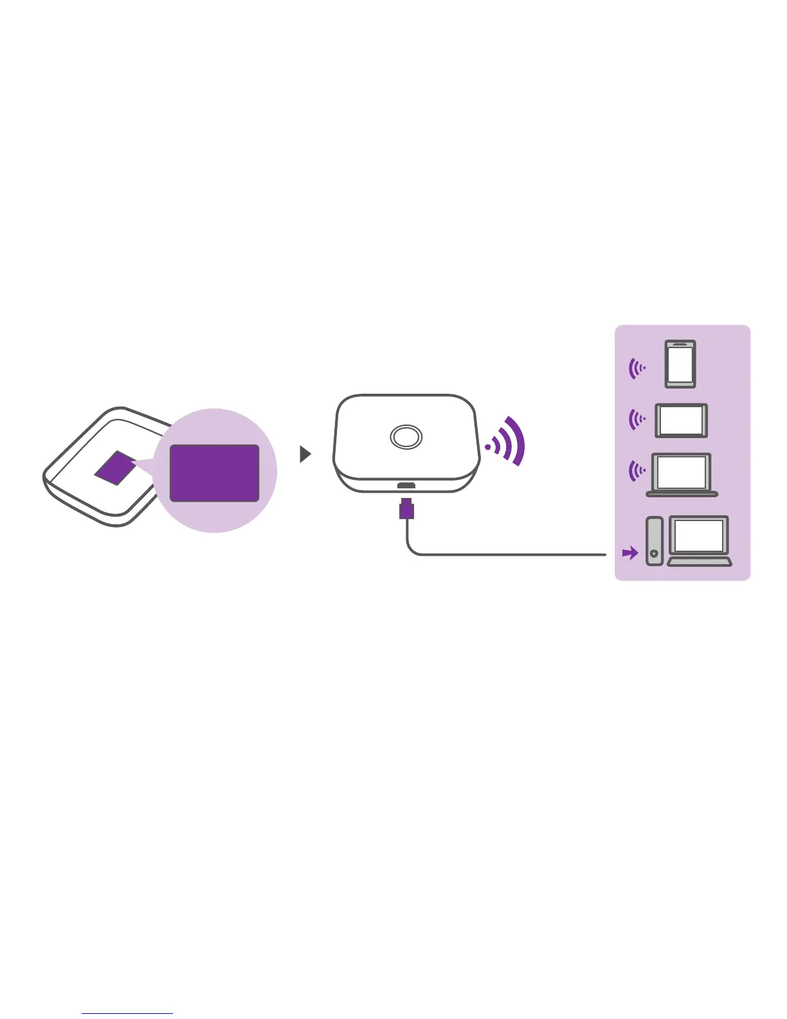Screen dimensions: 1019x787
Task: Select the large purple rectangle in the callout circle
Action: [x=214, y=473]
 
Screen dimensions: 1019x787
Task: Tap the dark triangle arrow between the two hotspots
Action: [x=305, y=455]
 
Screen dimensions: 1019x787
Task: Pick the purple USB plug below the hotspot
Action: [x=406, y=508]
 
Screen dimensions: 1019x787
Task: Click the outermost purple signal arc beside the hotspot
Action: [x=517, y=441]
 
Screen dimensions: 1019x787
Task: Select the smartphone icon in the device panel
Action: [x=680, y=364]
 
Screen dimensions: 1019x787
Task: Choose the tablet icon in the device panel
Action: [x=681, y=421]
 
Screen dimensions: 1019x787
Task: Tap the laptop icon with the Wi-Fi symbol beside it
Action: [x=682, y=475]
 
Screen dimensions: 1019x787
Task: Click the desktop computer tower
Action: [x=654, y=541]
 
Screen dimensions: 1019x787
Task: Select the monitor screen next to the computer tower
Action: [x=699, y=536]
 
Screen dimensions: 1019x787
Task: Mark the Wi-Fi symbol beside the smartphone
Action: [x=637, y=369]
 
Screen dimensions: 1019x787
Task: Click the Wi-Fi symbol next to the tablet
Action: [x=637, y=420]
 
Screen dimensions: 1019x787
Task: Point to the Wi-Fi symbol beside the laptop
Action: [x=637, y=472]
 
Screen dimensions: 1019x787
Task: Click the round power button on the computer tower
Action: [x=654, y=553]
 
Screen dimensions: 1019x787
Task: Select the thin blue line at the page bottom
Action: [x=127, y=1014]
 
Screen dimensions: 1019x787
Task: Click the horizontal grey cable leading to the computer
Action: [x=514, y=555]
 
